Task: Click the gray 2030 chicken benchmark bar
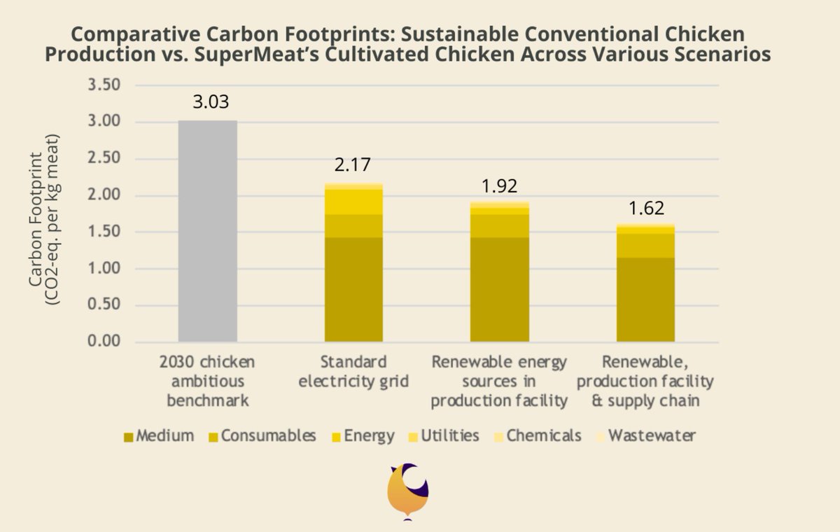tap(207, 231)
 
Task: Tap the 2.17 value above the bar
tap(352, 166)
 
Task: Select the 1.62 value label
tap(645, 208)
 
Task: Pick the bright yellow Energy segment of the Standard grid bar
tap(353, 202)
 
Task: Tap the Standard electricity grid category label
tap(353, 372)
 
